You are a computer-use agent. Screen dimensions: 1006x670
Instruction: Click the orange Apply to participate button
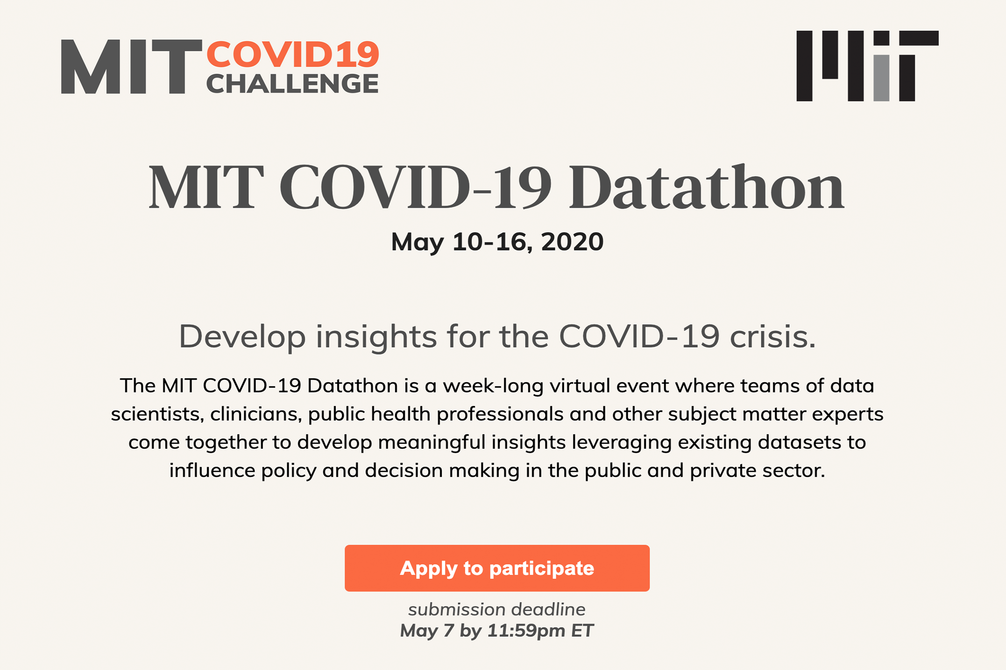coord(497,568)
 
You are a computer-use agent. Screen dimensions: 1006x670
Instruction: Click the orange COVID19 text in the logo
coord(293,54)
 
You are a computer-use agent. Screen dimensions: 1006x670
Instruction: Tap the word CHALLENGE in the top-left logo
coord(292,84)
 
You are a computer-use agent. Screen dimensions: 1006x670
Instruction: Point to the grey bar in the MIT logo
coord(881,78)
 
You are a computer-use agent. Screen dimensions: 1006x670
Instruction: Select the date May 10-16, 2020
coord(497,242)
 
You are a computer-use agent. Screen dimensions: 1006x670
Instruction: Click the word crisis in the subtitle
coord(772,336)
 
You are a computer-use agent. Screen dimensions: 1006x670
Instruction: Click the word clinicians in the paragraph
coord(254,414)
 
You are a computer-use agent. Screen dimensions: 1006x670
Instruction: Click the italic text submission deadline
coord(497,609)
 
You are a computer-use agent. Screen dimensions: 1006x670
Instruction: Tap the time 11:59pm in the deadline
coord(526,631)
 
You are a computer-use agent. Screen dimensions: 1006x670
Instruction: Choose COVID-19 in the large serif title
coord(415,188)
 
